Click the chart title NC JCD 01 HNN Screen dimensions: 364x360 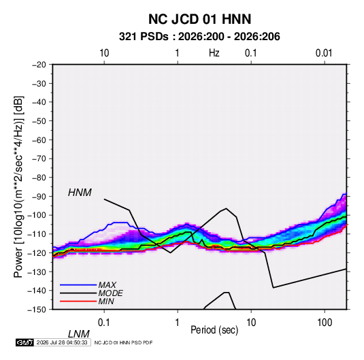coord(199,19)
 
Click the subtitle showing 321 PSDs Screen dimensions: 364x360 coord(199,37)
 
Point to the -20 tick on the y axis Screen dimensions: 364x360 coord(39,65)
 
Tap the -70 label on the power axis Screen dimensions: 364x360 coord(39,159)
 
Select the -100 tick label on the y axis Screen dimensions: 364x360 coord(37,215)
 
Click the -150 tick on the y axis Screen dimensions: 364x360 coord(37,310)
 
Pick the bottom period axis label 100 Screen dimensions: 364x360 coord(325,323)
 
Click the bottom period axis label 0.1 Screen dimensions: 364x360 coord(104,323)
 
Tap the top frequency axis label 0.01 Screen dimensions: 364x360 coord(324,53)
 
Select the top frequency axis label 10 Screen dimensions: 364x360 coord(104,53)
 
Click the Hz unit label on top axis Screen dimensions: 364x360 coord(214,53)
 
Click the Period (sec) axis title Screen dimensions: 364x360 coord(214,330)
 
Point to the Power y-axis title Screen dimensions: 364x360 coord(18,187)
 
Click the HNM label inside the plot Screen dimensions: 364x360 coord(80,193)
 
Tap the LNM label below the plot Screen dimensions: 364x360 coord(79,334)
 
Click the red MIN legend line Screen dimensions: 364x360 coord(78,301)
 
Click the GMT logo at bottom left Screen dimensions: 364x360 coord(24,342)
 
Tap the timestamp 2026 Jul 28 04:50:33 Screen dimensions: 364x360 coord(62,342)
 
